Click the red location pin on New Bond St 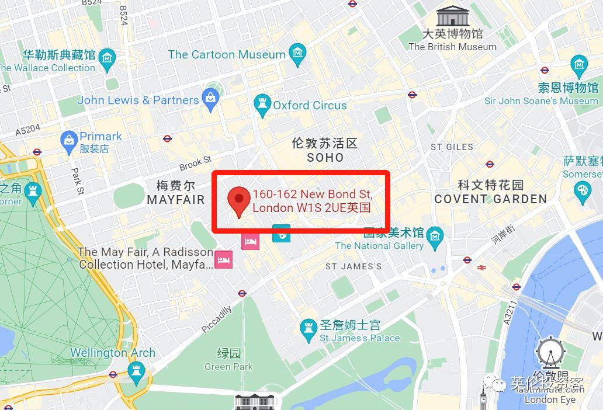[238, 199]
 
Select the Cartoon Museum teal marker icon [298, 54]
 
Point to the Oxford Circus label [310, 106]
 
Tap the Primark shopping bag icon [69, 139]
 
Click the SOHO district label [325, 158]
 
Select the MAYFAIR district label [175, 200]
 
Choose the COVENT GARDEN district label [490, 199]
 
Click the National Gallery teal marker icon [435, 236]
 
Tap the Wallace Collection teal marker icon [108, 58]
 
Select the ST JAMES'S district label [354, 266]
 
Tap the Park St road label [78, 181]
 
